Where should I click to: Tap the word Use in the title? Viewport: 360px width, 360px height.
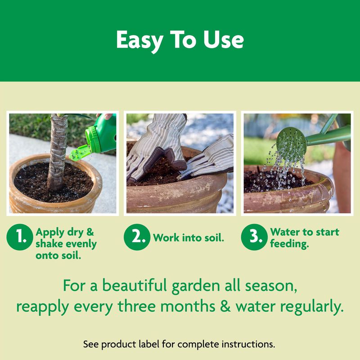(225, 40)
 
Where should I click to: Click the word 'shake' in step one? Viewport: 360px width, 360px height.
(49, 244)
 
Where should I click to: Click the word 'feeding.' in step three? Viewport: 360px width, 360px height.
(289, 244)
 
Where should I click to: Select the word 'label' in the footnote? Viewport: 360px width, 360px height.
(164, 344)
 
